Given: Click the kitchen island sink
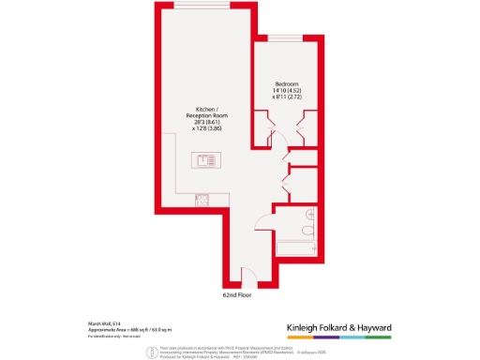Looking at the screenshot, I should tap(202, 159).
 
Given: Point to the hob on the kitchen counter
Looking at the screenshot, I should tap(201, 199).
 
